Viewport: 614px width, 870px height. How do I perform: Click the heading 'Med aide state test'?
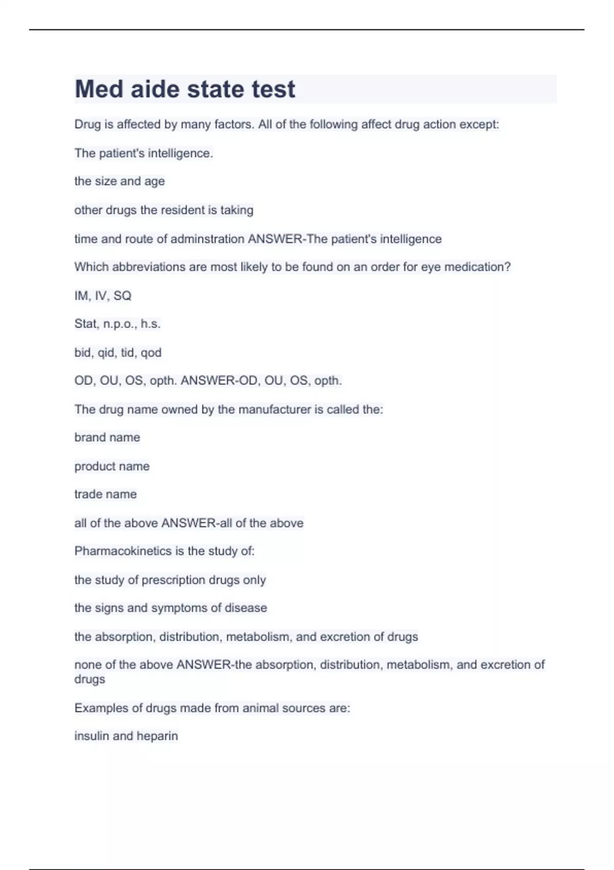point(185,89)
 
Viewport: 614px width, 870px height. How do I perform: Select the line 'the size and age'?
point(119,181)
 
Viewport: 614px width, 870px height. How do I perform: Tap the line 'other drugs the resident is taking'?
point(164,210)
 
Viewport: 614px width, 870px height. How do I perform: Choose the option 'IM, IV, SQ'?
point(103,296)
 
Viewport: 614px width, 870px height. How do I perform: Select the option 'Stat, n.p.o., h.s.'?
point(117,324)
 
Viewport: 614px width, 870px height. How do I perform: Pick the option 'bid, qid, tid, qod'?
point(118,353)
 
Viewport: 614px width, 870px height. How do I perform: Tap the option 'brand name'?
point(107,438)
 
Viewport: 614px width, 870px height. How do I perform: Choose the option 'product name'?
point(112,466)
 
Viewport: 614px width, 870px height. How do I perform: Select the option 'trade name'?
point(105,494)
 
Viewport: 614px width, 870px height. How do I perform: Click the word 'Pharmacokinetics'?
point(123,551)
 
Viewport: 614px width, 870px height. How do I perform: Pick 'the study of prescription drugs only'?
point(170,580)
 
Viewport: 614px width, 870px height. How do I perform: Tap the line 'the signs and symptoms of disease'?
point(170,608)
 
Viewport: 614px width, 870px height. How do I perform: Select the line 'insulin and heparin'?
point(126,736)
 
